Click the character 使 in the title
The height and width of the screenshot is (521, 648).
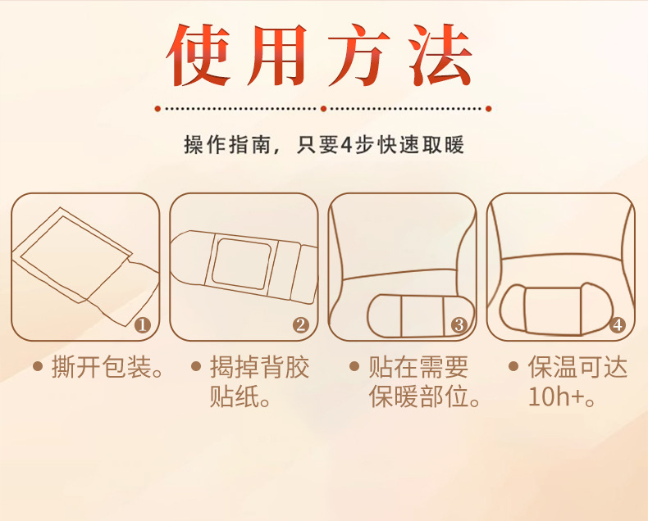[x=199, y=55]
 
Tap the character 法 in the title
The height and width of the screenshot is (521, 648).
[x=440, y=55]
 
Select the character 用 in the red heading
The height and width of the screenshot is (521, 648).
[x=278, y=55]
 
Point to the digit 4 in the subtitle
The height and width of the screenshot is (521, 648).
[x=346, y=145]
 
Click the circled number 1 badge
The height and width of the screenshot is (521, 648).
[x=142, y=325]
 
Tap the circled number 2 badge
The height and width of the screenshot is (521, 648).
[x=301, y=325]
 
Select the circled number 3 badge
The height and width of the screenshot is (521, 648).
[x=459, y=325]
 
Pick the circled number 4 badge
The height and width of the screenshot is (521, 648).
[x=618, y=325]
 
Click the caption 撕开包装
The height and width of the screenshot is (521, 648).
[x=101, y=367]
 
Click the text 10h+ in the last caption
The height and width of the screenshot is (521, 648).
[x=556, y=396]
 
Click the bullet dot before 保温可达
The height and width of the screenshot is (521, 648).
[x=513, y=366]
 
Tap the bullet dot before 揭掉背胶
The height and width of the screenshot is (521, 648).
[x=195, y=366]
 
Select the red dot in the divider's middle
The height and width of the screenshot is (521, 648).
[x=323, y=109]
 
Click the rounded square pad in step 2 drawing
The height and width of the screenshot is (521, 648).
[x=242, y=264]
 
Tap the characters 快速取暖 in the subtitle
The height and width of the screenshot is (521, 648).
[x=421, y=145]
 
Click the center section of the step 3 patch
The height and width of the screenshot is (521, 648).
[x=422, y=316]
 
